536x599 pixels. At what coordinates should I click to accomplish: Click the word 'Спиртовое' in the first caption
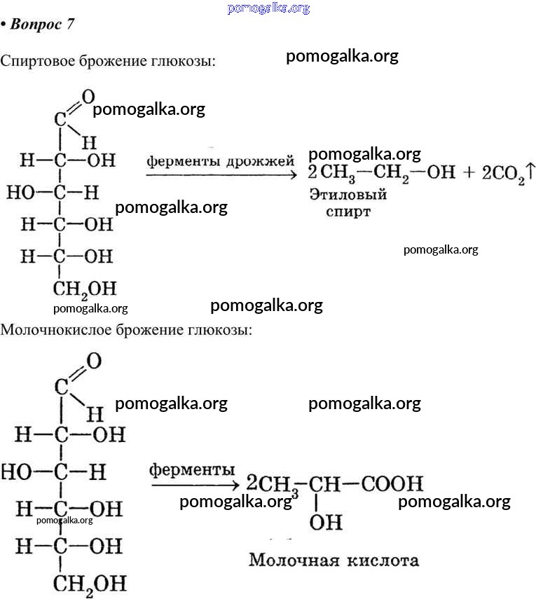tap(35, 61)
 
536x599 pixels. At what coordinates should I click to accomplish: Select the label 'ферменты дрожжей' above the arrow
tap(220, 161)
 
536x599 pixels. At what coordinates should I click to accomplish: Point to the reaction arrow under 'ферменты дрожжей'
tap(220, 174)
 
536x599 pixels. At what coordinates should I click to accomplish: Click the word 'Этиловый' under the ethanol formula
tap(348, 195)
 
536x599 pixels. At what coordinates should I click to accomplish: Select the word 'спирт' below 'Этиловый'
tap(348, 211)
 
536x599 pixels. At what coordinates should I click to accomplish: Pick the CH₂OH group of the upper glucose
tap(83, 288)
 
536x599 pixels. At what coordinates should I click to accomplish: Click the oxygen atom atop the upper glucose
tap(88, 97)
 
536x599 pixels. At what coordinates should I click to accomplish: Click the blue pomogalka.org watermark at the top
tap(268, 8)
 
